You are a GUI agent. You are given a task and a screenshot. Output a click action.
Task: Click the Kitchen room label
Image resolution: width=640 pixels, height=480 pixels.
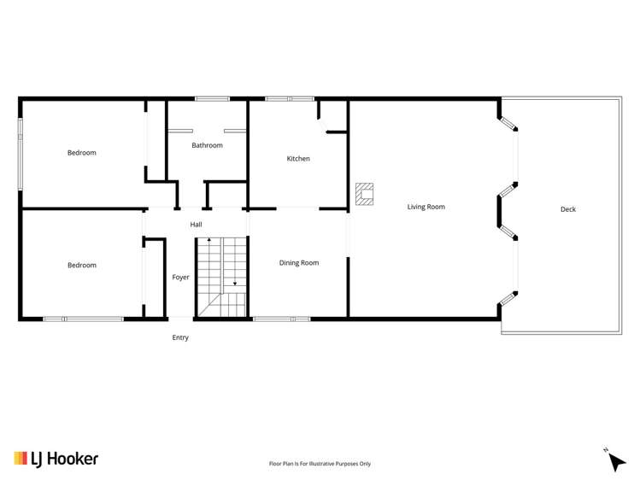coord(298,159)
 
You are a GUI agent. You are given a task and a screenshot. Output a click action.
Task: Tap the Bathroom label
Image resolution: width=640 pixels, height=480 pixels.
coord(207,145)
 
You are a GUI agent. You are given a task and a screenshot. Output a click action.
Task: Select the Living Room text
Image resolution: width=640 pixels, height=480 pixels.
coord(426,207)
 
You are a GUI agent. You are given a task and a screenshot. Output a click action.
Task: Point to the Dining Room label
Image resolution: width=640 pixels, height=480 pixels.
coord(299,263)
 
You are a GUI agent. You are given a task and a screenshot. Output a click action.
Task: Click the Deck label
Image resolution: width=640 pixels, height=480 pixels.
coord(568,209)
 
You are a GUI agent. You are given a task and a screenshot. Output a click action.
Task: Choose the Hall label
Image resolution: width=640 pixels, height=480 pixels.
coord(196,225)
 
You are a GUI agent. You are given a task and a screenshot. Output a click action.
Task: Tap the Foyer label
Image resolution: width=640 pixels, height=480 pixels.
coord(180,278)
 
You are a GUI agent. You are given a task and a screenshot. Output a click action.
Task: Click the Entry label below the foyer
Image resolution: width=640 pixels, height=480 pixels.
coord(180,337)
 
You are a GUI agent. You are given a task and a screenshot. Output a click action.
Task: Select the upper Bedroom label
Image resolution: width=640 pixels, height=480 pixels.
coord(82,153)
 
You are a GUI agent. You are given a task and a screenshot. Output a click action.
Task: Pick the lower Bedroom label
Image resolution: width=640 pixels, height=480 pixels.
coord(82,266)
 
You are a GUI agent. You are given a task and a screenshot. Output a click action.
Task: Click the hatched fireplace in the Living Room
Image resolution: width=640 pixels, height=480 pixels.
coord(365,195)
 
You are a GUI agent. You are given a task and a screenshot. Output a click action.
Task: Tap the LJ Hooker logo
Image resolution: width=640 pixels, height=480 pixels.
coord(56,459)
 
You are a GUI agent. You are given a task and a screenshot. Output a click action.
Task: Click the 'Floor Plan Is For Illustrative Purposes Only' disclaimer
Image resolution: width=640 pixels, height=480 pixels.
coord(320,464)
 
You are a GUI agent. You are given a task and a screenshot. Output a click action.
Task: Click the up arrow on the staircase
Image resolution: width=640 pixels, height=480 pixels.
coord(209,241)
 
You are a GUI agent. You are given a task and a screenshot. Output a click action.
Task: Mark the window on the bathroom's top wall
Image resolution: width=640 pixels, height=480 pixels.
coord(208,99)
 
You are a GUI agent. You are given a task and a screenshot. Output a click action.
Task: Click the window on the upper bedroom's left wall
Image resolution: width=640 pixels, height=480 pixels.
coord(21,153)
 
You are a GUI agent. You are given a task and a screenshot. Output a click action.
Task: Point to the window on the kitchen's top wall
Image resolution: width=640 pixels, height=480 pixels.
coord(290,99)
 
